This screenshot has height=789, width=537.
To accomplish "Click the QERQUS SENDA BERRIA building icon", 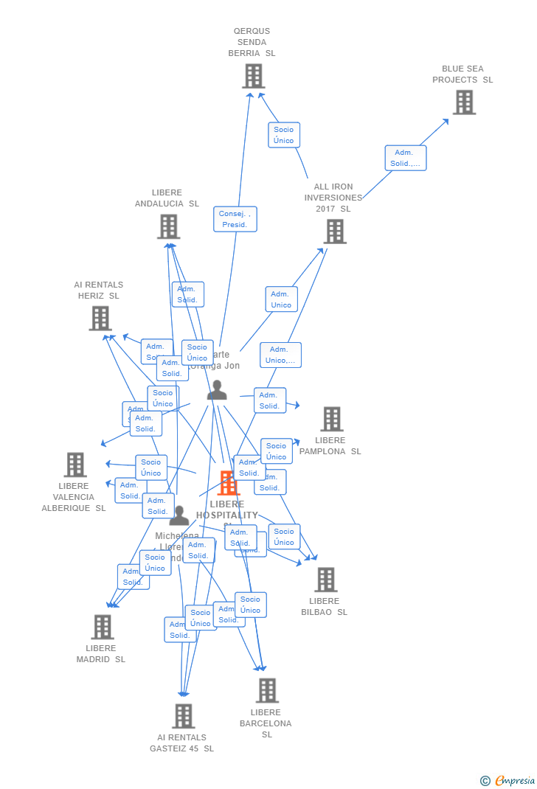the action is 253,76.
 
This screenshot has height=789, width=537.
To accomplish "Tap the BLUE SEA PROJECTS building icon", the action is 464,102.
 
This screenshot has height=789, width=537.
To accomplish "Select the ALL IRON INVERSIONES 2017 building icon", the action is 335,232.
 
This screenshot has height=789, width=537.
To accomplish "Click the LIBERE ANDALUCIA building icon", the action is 168,226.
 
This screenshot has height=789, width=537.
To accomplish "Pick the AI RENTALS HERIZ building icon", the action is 100,319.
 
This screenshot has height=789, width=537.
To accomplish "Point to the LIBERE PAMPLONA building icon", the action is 331,419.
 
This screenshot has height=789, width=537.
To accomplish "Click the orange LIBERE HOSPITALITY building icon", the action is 229,484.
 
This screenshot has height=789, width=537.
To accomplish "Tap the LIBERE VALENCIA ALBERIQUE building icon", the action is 75,465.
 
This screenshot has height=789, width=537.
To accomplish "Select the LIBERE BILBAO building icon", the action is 325,580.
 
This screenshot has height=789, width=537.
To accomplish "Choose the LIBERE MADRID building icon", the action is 102,627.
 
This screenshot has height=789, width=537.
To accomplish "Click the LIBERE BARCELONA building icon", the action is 266,691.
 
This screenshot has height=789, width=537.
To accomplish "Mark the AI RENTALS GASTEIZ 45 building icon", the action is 183,715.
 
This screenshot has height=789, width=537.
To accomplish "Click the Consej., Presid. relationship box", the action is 235,219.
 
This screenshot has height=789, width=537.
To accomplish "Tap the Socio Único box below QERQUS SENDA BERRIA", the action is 284,135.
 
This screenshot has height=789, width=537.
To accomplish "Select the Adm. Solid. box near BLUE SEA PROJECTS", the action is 405,158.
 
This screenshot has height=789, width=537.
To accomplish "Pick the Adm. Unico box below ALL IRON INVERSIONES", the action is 281,299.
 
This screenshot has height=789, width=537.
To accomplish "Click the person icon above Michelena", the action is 179,515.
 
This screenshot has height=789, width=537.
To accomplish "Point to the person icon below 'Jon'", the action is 217,390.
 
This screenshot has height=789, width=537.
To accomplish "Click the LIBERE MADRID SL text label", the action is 101,654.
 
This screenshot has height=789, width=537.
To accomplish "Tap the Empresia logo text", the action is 514,781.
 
